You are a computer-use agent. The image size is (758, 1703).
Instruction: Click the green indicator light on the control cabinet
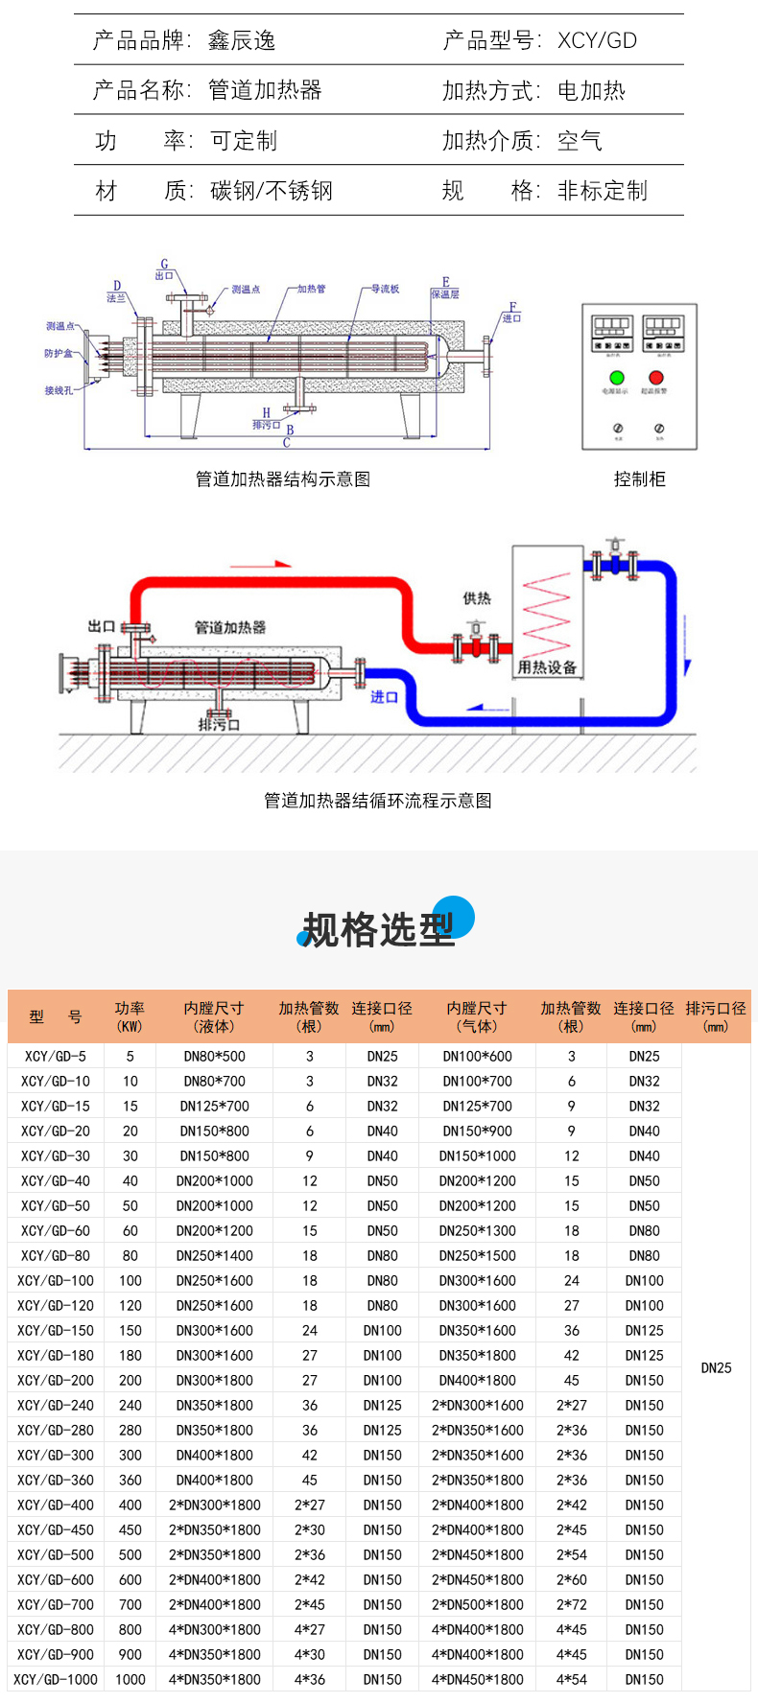pos(617,378)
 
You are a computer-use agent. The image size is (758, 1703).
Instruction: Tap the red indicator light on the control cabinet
pos(656,378)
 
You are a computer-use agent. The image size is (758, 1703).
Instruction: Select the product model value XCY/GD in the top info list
pos(597,40)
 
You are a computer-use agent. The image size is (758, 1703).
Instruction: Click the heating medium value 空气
pos(580,141)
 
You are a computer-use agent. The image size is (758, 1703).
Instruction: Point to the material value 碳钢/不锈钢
pos(272,191)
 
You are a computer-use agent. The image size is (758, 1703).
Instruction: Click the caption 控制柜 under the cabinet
pos(639,479)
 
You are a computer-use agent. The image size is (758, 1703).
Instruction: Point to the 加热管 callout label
pos(311,289)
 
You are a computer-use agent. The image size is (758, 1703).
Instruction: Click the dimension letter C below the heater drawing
pos(286,443)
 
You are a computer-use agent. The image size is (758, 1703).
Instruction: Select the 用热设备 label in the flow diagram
pos(547,667)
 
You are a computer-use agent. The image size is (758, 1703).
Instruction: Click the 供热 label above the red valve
pos(477,598)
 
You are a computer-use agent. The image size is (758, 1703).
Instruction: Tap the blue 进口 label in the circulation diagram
pos(384,696)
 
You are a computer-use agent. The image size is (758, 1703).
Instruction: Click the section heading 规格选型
pos(378,929)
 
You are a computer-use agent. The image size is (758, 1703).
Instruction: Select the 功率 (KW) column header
pos(130,1016)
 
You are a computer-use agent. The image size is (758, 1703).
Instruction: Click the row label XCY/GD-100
pos(56,1280)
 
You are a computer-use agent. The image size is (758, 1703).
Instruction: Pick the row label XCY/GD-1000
pos(56,1679)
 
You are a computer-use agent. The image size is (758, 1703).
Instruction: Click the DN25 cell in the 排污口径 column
pos(716,1367)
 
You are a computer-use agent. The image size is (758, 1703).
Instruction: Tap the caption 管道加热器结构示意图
pos(282,479)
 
